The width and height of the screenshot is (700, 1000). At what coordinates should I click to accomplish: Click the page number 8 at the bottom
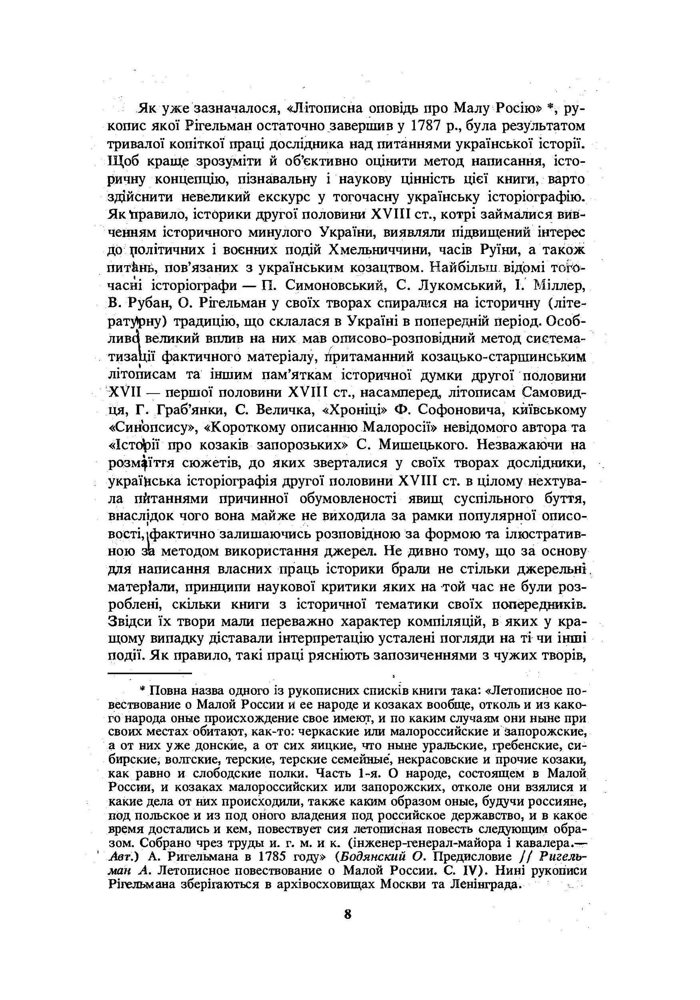[347, 914]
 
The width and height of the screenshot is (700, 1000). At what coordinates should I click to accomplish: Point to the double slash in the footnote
[526, 856]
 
